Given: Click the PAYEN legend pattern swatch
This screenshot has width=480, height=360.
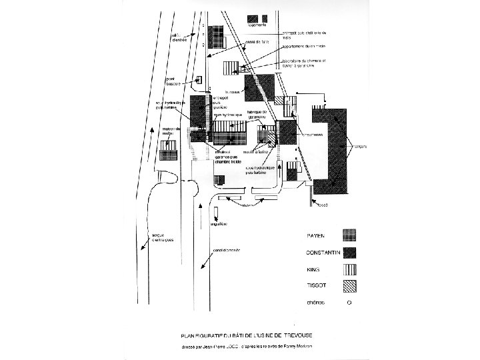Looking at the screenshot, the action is (x=349, y=235).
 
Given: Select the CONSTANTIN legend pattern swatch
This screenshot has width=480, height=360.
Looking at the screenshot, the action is (x=349, y=252).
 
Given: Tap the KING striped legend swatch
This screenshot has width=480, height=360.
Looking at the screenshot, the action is (x=349, y=270).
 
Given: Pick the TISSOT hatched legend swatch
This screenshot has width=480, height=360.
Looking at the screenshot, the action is (x=349, y=287).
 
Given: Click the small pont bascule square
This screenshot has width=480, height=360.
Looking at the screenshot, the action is (x=199, y=81).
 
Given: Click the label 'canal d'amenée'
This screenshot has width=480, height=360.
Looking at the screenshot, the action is (x=227, y=251).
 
